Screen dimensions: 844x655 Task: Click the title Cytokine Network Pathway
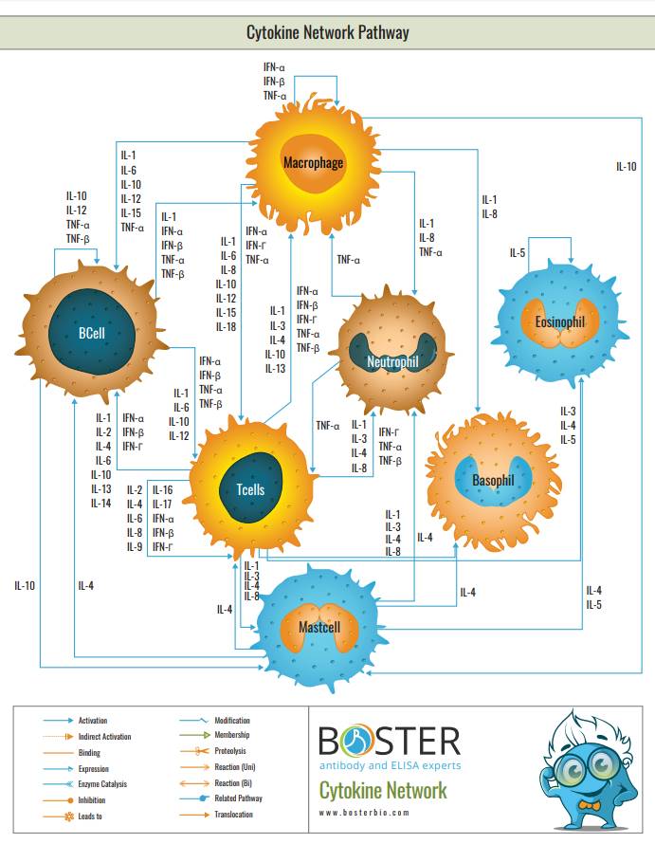[327, 33]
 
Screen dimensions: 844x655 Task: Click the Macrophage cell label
[313, 163]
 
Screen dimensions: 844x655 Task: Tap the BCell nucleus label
[92, 334]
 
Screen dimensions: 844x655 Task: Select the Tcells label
[250, 489]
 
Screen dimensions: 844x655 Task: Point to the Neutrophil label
[392, 361]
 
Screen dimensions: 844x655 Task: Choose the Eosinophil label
[559, 322]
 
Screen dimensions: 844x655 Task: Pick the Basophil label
[493, 480]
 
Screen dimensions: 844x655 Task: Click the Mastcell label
[319, 628]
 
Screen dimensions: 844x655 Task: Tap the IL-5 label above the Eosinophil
[517, 252]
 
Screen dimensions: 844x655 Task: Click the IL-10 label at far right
[627, 166]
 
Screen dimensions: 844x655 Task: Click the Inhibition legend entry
[93, 799]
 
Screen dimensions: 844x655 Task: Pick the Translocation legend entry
[234, 815]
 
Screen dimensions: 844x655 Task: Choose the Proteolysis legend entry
[230, 752]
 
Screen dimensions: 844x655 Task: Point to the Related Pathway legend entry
[238, 798]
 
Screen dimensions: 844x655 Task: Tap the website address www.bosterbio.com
[364, 813]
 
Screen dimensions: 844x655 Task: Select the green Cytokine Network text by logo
[382, 789]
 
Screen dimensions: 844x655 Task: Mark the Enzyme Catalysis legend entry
[102, 784]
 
